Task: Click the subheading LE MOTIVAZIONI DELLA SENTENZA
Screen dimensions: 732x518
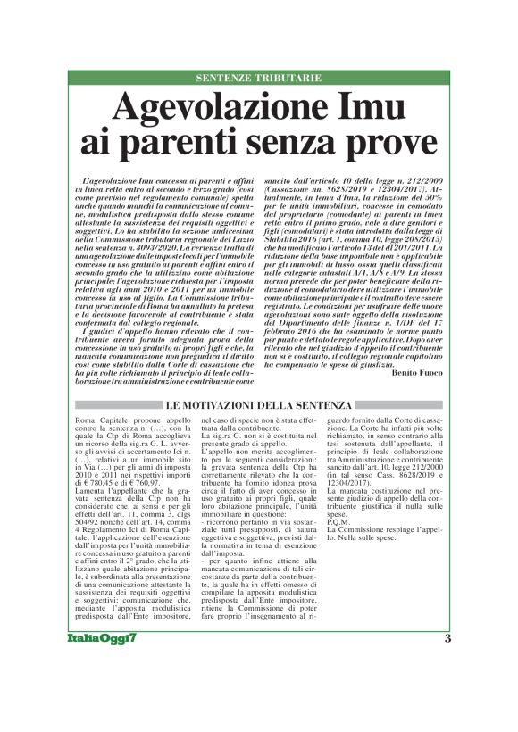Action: coord(259,406)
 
